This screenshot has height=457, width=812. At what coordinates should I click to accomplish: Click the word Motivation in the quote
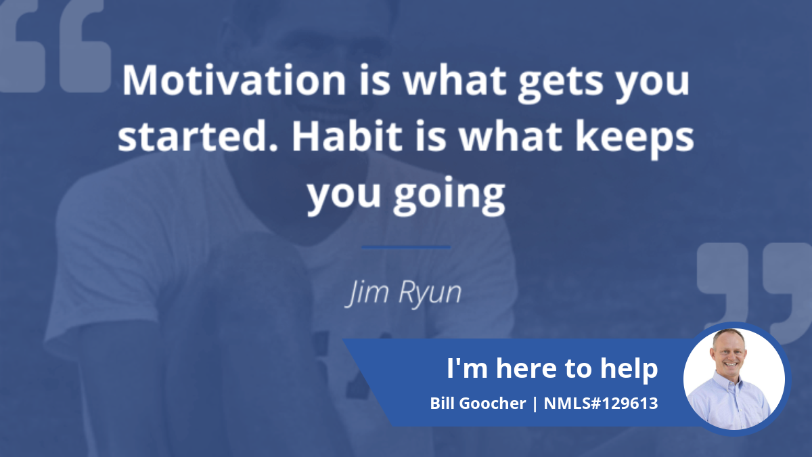pos(234,80)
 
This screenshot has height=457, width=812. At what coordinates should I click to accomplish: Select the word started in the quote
pos(198,136)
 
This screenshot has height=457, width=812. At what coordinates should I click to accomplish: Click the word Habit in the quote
pos(347,135)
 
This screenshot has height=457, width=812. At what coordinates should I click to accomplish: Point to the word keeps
pos(635,139)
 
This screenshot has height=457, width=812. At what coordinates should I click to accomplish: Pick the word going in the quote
pos(449,196)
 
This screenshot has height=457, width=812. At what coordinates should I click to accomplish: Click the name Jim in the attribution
pos(366,293)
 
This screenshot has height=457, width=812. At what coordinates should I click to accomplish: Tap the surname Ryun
pos(430,293)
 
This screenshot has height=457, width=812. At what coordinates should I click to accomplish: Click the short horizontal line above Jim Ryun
pos(406,247)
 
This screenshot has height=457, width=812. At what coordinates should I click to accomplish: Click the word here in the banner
pos(526,368)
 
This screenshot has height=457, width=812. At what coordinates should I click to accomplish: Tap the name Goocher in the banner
pos(493,404)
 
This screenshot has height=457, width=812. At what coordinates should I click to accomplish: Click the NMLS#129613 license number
pos(601,404)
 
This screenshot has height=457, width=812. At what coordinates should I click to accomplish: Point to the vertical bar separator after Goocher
pos(535,404)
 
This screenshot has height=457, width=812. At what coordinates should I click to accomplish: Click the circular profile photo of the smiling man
pos(734,379)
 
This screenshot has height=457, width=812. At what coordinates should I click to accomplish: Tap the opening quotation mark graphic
pos(54,45)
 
